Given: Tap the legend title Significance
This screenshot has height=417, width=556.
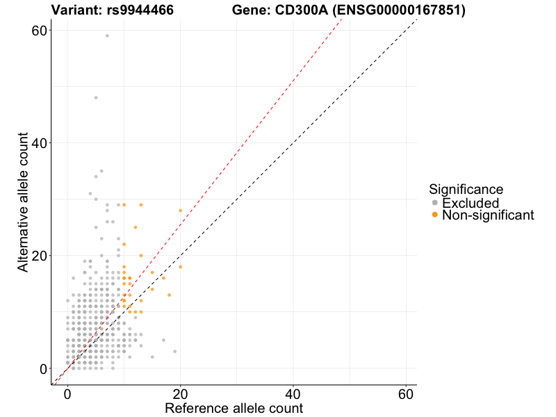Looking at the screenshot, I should click(466, 189).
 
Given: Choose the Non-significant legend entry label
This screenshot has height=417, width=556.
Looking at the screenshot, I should click(488, 215).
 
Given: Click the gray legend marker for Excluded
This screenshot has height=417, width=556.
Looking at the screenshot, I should click(435, 203).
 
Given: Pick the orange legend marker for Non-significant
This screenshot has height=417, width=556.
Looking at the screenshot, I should click(435, 215).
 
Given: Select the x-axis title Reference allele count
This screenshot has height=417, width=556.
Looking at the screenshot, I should click(234, 408).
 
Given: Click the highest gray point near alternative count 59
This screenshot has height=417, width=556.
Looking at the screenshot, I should click(107, 35).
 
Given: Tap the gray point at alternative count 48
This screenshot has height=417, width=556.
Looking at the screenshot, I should click(96, 97).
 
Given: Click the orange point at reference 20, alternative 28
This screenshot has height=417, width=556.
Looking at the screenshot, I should click(181, 210).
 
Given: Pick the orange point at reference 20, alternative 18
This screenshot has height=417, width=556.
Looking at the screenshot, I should click(181, 267).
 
